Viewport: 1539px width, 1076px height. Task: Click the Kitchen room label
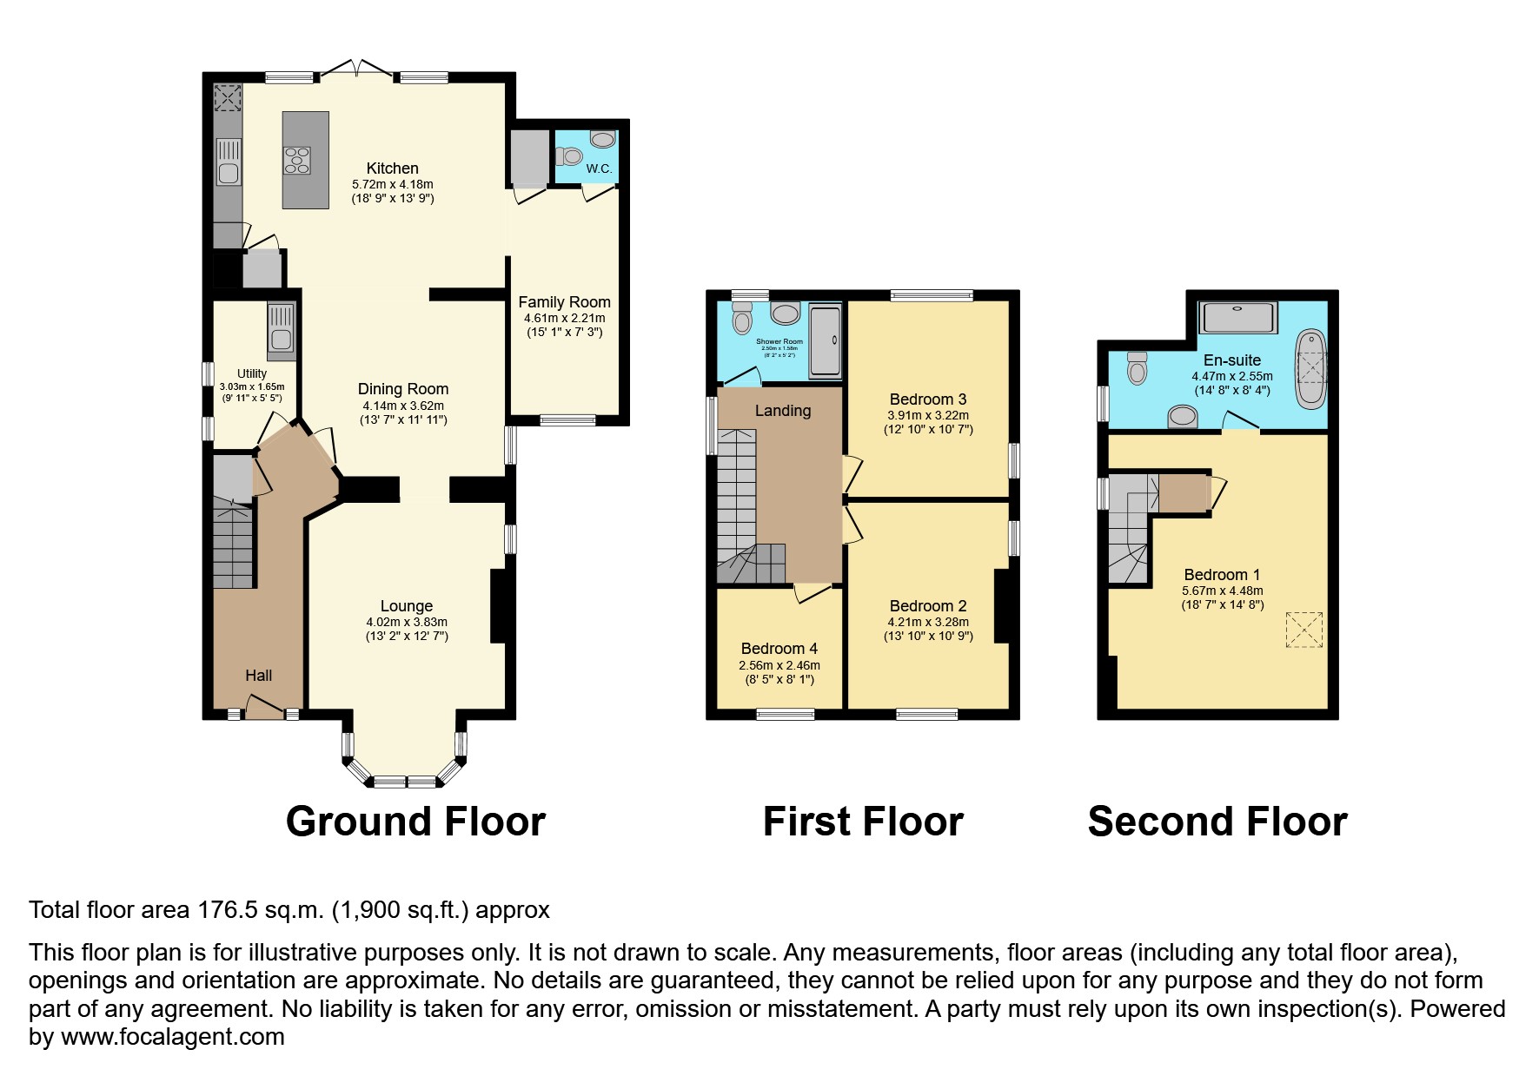click(392, 168)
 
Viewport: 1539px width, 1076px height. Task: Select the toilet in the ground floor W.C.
click(570, 156)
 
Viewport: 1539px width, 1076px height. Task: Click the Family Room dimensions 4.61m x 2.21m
click(564, 318)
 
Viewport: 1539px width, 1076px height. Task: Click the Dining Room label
click(403, 389)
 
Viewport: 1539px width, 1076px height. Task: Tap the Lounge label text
click(406, 606)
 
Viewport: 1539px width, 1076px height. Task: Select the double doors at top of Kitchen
click(356, 69)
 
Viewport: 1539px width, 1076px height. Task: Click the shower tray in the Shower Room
click(825, 340)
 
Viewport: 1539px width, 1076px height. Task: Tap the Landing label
click(782, 411)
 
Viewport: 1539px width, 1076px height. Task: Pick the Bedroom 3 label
click(928, 399)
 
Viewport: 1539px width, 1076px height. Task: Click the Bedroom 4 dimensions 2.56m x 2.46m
click(779, 665)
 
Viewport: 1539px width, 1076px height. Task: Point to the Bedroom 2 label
click(928, 606)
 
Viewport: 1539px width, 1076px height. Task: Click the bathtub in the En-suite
click(1311, 368)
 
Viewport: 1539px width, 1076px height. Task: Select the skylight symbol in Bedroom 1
click(1304, 630)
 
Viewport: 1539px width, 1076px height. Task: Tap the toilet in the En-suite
click(1137, 368)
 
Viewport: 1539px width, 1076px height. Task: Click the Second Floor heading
click(1217, 822)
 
